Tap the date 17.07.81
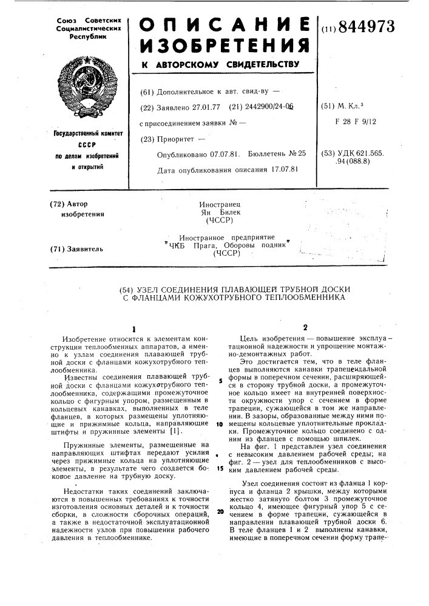[x=276, y=168]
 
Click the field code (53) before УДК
[x=330, y=155]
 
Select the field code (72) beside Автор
[x=58, y=204]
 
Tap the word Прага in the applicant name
[x=205, y=245]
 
